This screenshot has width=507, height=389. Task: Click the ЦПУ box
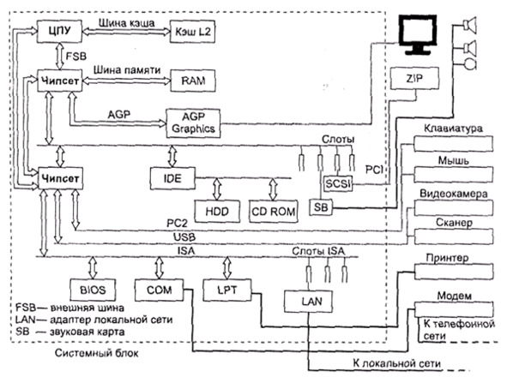[59, 31]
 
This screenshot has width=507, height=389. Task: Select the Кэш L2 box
[193, 32]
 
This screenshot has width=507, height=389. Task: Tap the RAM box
[193, 81]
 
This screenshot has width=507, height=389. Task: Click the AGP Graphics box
[193, 123]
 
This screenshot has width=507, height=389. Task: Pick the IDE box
[172, 178]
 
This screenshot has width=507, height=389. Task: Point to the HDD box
[217, 212]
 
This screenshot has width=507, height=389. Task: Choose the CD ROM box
[274, 212]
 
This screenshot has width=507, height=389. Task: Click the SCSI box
[338, 183]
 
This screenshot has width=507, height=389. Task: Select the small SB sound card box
[321, 207]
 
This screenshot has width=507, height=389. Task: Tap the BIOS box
[93, 290]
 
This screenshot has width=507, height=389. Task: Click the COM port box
[159, 290]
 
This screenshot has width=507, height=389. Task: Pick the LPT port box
[227, 290]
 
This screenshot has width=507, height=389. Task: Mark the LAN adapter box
[308, 302]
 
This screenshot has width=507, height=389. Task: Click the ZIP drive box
[414, 79]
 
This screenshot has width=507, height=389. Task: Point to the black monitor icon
[418, 35]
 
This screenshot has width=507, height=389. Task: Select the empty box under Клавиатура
[453, 143]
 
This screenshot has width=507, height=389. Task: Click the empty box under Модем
[454, 309]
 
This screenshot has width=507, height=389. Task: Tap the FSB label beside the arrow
[76, 57]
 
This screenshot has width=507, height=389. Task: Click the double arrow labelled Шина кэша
[126, 32]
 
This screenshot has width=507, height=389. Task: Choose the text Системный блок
[96, 353]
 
